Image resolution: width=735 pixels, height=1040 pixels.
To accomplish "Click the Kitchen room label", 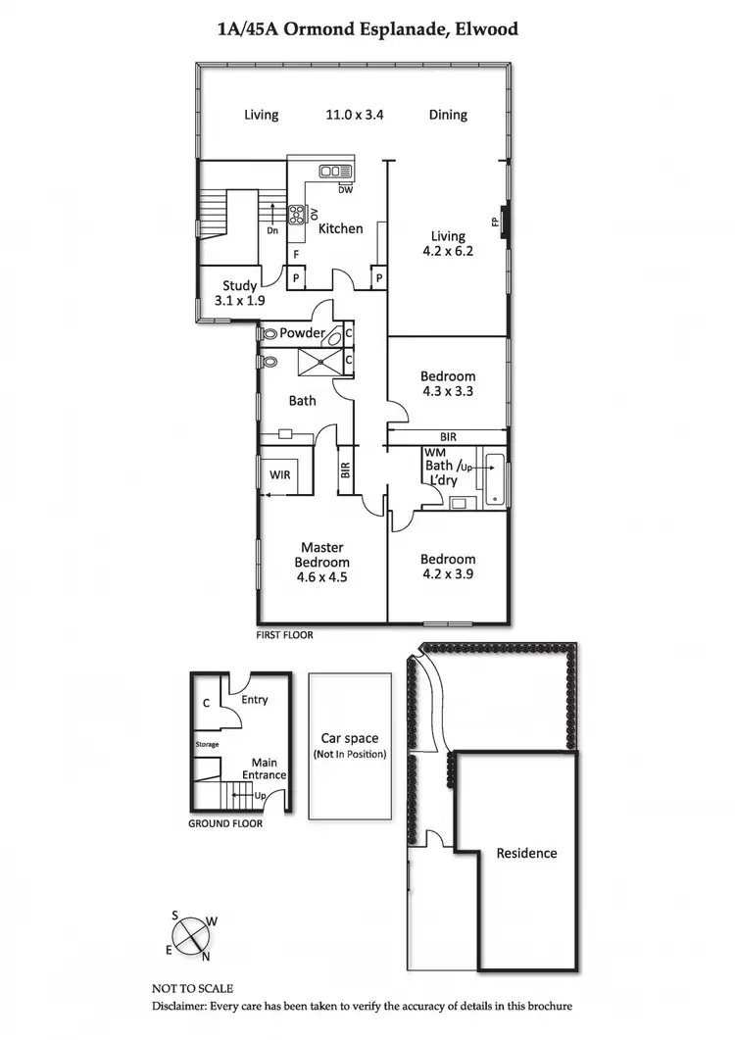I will tap(341, 228).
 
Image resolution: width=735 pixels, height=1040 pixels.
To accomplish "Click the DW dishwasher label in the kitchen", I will tap(345, 190).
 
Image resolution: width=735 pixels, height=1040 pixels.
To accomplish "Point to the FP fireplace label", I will tap(495, 222).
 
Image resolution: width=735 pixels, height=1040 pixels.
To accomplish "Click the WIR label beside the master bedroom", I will tap(281, 474).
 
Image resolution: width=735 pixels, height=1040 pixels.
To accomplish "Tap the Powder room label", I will tap(302, 333).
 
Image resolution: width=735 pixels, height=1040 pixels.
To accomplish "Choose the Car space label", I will tap(350, 739).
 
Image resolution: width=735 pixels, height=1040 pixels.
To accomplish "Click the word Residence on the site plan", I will tap(526, 853).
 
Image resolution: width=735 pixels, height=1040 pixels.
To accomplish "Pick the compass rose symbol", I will tap(191, 932).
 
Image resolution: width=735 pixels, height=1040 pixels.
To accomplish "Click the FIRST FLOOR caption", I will tap(285, 635).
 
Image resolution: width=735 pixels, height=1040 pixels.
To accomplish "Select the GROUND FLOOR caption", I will tap(225, 823).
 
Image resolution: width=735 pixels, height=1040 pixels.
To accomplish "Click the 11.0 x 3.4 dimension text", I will tap(355, 115).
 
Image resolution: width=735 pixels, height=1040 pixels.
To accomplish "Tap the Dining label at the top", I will tap(448, 115).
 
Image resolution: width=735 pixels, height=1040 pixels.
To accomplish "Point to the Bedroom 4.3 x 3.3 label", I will tap(448, 383).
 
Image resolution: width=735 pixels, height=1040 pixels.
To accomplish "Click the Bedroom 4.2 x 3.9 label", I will tap(448, 567).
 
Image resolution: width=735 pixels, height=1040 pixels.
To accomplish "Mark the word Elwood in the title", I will tap(483, 29).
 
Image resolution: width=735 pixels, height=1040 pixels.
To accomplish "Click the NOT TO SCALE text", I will tap(192, 989).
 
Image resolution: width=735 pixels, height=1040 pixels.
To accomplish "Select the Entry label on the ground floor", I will tap(254, 700).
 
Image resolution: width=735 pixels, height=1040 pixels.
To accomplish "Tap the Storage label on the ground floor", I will tap(207, 745).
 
